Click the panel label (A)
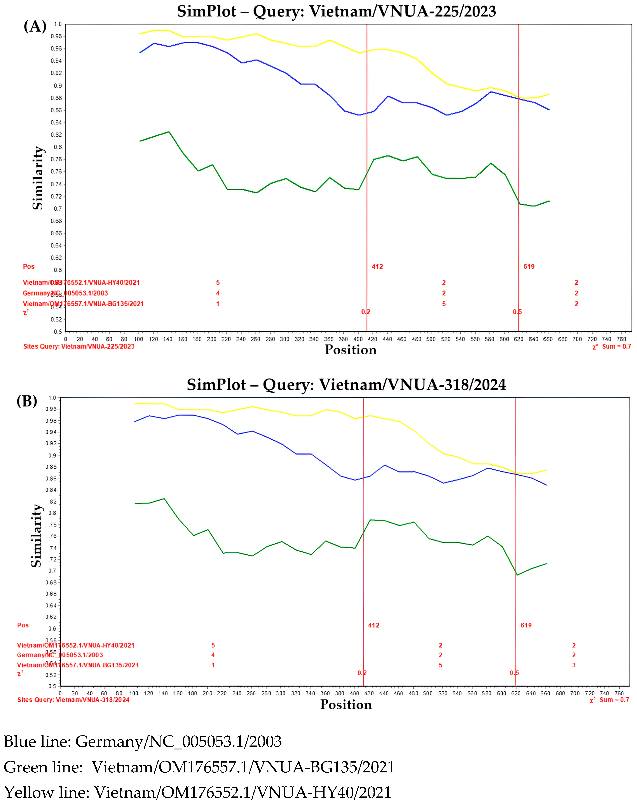tap(35, 26)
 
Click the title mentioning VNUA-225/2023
tap(336, 12)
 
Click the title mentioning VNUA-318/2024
tap(346, 385)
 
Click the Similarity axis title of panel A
tap(38, 178)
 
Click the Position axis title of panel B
tap(346, 704)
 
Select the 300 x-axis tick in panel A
tap(284, 339)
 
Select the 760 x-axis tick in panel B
tap(619, 693)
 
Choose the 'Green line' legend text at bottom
tap(199, 767)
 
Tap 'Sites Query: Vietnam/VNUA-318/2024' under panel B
tap(73, 700)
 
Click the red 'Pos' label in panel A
tap(29, 267)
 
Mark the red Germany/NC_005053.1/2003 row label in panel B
tap(60, 655)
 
